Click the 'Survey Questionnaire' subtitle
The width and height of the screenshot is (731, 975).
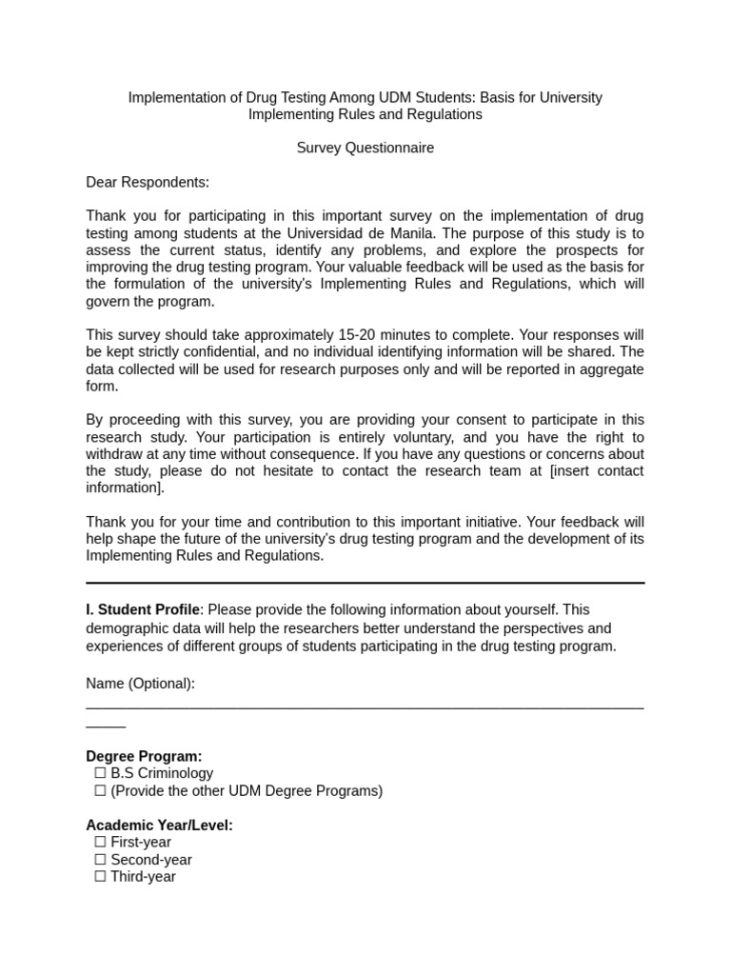coord(365,148)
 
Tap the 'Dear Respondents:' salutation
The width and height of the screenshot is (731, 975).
coord(148,182)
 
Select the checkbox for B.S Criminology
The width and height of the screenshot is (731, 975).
coord(100,773)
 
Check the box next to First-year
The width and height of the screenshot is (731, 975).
coord(100,842)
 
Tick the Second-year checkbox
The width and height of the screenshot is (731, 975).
coord(100,859)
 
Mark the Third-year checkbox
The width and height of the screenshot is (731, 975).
coord(100,876)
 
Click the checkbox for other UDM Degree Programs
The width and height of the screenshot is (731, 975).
coord(100,790)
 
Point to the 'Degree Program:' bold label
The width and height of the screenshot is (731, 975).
coord(144,756)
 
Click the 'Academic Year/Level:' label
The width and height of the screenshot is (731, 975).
coord(159,825)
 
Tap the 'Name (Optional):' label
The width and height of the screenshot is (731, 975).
coord(141,684)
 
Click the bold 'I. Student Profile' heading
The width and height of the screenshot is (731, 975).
coord(143,609)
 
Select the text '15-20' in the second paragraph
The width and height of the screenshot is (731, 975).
coord(357,335)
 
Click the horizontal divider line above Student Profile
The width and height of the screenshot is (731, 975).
coord(365,582)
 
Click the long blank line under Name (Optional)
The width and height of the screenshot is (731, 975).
coord(365,707)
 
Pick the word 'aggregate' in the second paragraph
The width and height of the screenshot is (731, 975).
coord(607,369)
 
